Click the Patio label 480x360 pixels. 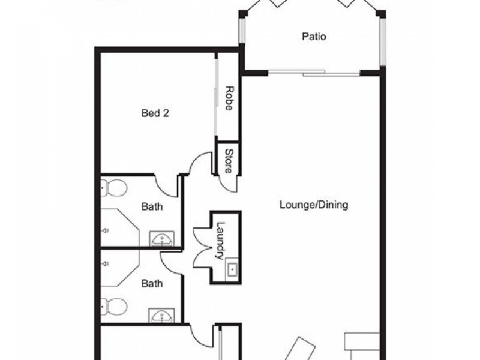click(x=314, y=37)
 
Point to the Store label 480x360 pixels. click(x=229, y=161)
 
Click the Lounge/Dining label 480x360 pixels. click(x=314, y=205)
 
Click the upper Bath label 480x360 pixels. click(x=152, y=207)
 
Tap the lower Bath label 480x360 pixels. click(x=152, y=282)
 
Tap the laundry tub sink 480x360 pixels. click(x=232, y=269)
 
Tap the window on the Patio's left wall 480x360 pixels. click(x=242, y=30)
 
